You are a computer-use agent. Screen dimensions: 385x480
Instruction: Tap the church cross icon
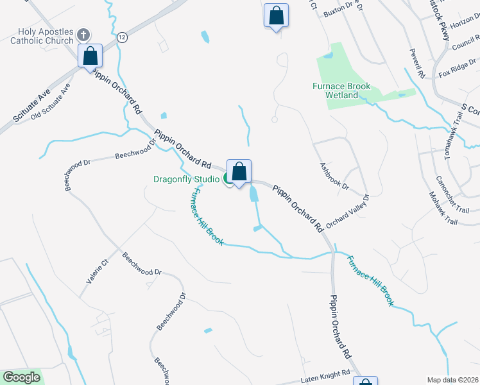coord(83,34)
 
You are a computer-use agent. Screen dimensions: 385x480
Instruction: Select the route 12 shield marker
coord(122,38)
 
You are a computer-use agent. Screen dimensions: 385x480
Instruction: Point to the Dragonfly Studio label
coord(187,179)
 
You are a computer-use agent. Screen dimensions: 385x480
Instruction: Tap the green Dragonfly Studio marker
coord(228,180)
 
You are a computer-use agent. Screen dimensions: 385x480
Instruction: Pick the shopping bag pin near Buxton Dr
coord(276,15)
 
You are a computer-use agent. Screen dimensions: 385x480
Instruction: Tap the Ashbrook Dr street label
coord(334,176)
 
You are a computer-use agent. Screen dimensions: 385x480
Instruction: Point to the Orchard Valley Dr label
coord(348,211)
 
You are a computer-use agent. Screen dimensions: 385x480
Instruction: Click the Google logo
coord(21,377)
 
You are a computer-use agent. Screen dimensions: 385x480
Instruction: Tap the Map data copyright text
coord(452,380)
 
